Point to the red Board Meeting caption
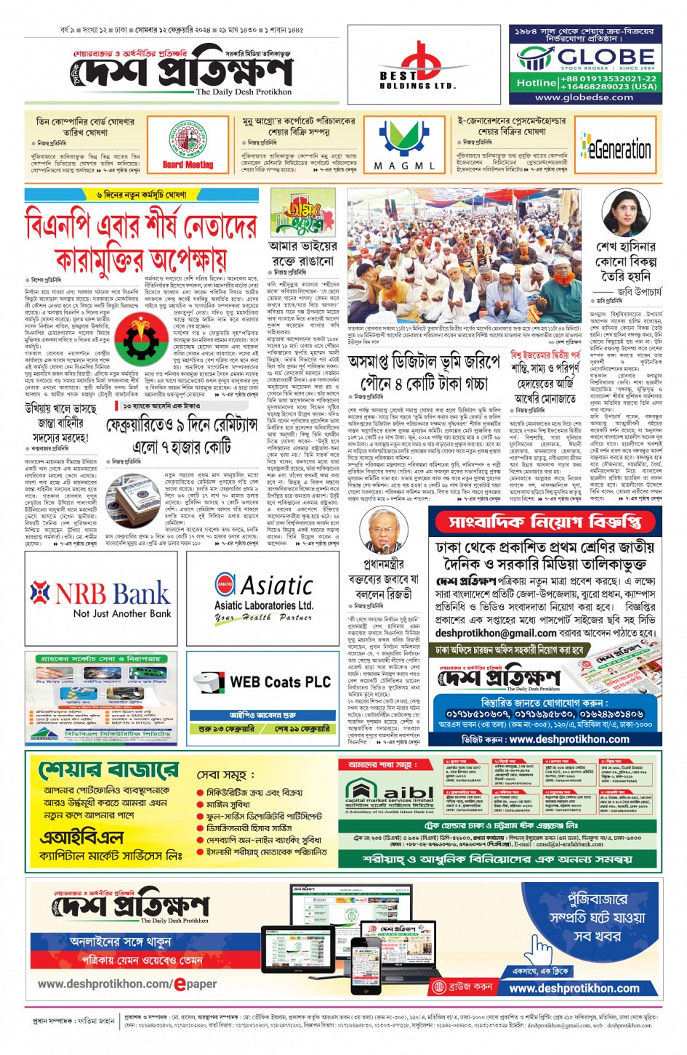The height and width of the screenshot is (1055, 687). click(188, 165)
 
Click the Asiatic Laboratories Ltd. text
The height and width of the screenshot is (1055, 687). click(263, 605)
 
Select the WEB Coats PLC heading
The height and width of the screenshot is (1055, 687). click(280, 682)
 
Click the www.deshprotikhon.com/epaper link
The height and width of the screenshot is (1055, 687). click(127, 984)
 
